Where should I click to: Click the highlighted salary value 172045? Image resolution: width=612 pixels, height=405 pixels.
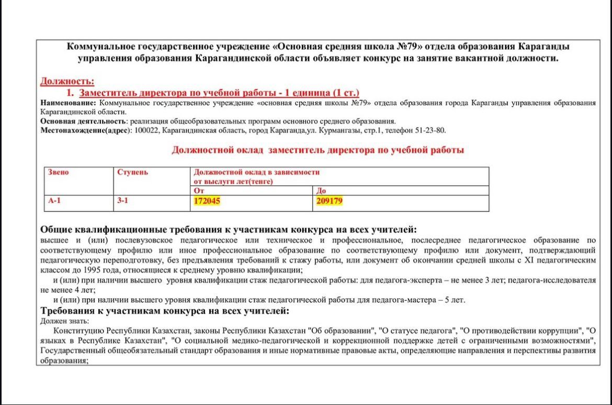[207, 201]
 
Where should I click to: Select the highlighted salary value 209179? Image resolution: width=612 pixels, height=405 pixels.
[329, 201]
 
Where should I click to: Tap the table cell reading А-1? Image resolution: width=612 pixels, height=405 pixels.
[54, 200]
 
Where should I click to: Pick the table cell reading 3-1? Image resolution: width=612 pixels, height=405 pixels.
[122, 200]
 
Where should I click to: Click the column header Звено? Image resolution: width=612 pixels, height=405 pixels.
[58, 172]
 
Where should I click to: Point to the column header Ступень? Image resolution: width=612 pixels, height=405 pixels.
[132, 172]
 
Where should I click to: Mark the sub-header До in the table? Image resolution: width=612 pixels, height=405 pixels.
[321, 190]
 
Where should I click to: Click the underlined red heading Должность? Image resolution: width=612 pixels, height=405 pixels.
[67, 81]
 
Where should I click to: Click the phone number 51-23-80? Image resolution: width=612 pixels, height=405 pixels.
[433, 130]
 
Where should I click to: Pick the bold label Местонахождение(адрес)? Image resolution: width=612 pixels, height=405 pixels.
[86, 130]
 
